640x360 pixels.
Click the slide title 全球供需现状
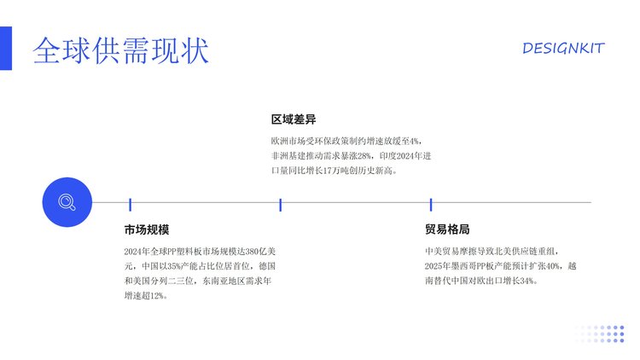point(121,50)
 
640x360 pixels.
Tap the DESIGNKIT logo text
point(563,48)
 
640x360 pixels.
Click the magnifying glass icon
point(67,202)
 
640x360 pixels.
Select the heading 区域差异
point(294,119)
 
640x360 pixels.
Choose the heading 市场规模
point(147,229)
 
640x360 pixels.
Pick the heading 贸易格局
point(447,229)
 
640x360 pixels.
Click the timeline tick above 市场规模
point(131,205)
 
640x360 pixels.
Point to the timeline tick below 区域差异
point(281,205)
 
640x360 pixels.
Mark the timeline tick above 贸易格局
point(431,205)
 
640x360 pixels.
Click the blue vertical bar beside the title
point(6,48)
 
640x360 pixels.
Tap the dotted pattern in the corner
point(600,334)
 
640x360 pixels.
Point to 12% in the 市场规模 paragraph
point(156,296)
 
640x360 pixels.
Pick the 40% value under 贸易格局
point(553,266)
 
